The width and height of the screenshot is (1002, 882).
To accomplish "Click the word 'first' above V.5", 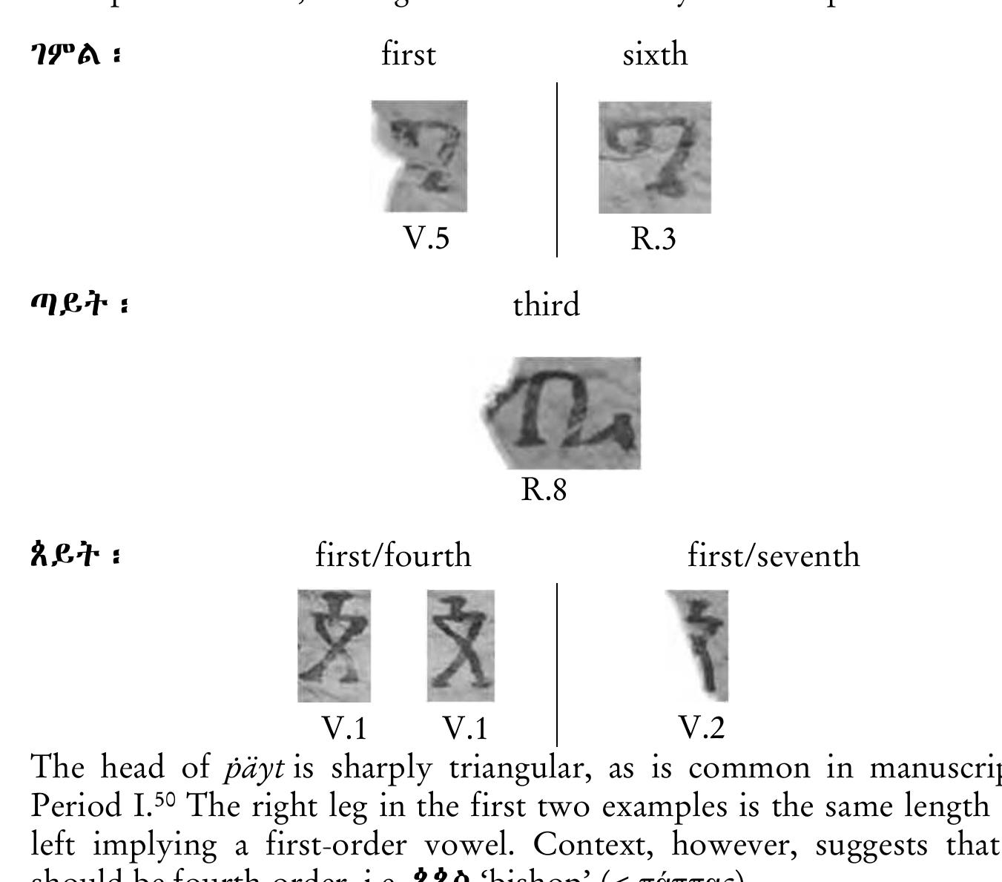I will tap(408, 55).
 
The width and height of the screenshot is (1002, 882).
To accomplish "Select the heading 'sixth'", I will tap(655, 55).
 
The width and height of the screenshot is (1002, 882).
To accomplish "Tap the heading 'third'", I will tap(546, 306).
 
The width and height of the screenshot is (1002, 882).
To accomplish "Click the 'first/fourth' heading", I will tap(393, 556).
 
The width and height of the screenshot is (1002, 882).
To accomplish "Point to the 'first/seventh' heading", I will tap(774, 556).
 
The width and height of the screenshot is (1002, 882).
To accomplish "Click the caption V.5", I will tap(426, 238).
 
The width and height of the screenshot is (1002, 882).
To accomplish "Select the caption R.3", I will tap(653, 239).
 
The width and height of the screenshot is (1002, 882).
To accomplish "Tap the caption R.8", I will tap(544, 490).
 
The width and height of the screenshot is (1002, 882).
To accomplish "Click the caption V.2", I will tap(702, 728).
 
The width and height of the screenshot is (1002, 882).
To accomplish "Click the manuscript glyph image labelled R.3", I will tap(654, 157).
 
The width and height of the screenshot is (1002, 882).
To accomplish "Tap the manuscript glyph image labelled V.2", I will tap(699, 645).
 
